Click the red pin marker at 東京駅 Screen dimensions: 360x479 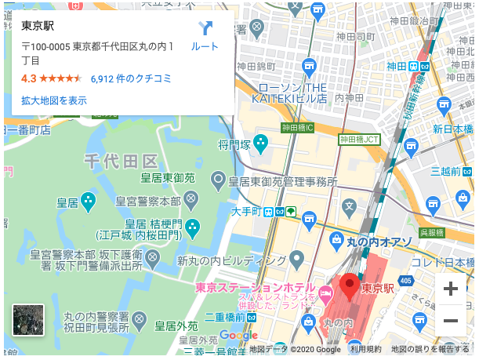[349, 284]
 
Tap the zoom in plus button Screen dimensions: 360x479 [450, 288]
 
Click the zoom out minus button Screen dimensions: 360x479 [450, 320]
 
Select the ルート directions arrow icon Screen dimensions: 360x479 [205, 29]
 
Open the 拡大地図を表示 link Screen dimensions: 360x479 [54, 100]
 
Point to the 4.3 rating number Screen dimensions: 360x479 [28, 78]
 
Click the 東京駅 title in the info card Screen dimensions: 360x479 [37, 26]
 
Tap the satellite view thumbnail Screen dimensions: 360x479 [28, 320]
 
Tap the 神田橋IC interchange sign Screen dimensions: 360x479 [297, 127]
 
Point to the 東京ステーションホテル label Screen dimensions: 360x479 [256, 287]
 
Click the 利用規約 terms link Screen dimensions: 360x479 [365, 349]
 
